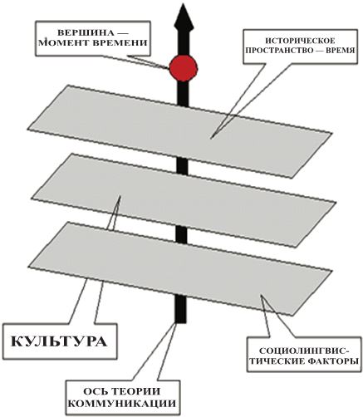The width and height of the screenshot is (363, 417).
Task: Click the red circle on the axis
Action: click(184, 68)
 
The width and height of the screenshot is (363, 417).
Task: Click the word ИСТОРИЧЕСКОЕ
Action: click(300, 41)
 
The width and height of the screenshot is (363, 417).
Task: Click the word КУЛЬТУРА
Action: click(59, 341)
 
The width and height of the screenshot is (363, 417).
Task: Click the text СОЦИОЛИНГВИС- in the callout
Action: click(304, 351)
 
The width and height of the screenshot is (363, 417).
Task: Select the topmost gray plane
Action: click(179, 131)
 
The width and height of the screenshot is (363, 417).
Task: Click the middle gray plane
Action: click(184, 200)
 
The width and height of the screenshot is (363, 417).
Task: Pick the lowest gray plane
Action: click(179, 269)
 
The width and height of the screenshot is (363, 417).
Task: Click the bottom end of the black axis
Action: click(181, 322)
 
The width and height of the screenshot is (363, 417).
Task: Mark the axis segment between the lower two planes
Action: click(182, 235)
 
